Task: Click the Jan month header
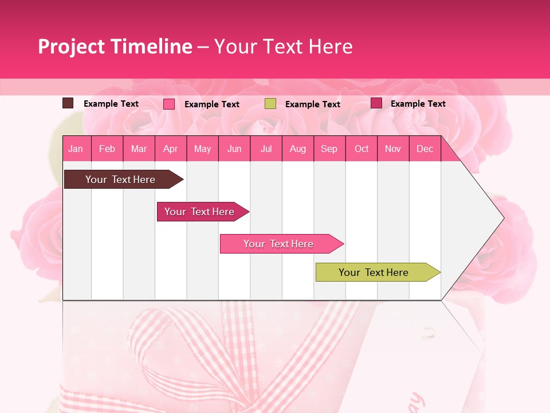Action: point(76,149)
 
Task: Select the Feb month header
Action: point(107,149)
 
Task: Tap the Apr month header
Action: point(170,149)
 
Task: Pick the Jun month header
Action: point(234,149)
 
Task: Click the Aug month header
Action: point(297,149)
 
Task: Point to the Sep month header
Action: point(329,149)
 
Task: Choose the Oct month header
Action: point(362,149)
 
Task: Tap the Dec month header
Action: point(425,149)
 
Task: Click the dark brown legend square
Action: point(68,103)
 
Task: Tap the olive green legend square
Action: point(270,104)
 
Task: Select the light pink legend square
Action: point(169,104)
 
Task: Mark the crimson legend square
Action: point(376,103)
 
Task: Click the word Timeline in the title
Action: point(151,46)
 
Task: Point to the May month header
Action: point(202,149)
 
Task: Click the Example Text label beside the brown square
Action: point(111,104)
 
